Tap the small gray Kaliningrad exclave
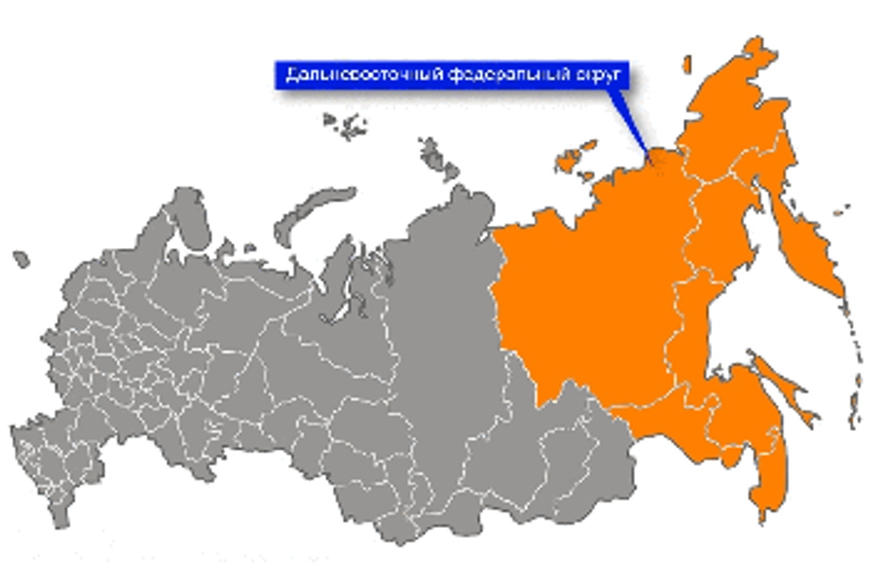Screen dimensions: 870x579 tap(21, 259)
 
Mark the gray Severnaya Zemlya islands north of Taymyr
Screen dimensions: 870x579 tap(437, 156)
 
